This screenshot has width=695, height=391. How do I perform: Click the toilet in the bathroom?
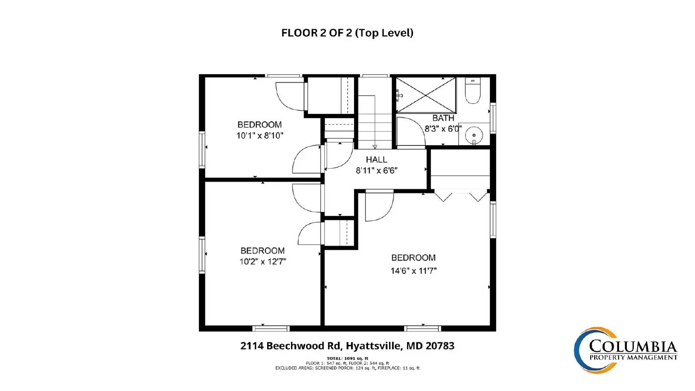pos(473,91)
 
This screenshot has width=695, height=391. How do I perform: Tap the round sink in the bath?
pos(474,135)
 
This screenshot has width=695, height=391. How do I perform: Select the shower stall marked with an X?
pos(426,95)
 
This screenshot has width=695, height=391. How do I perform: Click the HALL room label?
pos(376,159)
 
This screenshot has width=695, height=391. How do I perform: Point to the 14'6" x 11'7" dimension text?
pos(414,271)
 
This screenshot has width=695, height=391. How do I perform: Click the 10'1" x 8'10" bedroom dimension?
pos(260,136)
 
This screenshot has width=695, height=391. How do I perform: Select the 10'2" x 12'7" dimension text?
pos(262,262)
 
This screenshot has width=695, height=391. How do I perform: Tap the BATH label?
pos(443,118)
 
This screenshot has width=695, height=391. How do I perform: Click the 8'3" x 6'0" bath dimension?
pos(443,129)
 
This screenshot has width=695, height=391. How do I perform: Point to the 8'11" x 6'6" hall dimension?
pos(376,170)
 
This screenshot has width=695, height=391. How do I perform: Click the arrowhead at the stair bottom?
pos(375,146)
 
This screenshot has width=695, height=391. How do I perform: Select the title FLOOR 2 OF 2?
pos(347,33)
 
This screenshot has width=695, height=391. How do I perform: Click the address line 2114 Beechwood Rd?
pos(347,346)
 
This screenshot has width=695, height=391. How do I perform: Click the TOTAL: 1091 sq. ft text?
pos(347,358)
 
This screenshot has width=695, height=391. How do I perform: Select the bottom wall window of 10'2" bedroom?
pos(271,328)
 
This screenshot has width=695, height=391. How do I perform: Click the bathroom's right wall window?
pos(493,118)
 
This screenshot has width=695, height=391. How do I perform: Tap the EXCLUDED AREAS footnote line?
pos(347,368)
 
